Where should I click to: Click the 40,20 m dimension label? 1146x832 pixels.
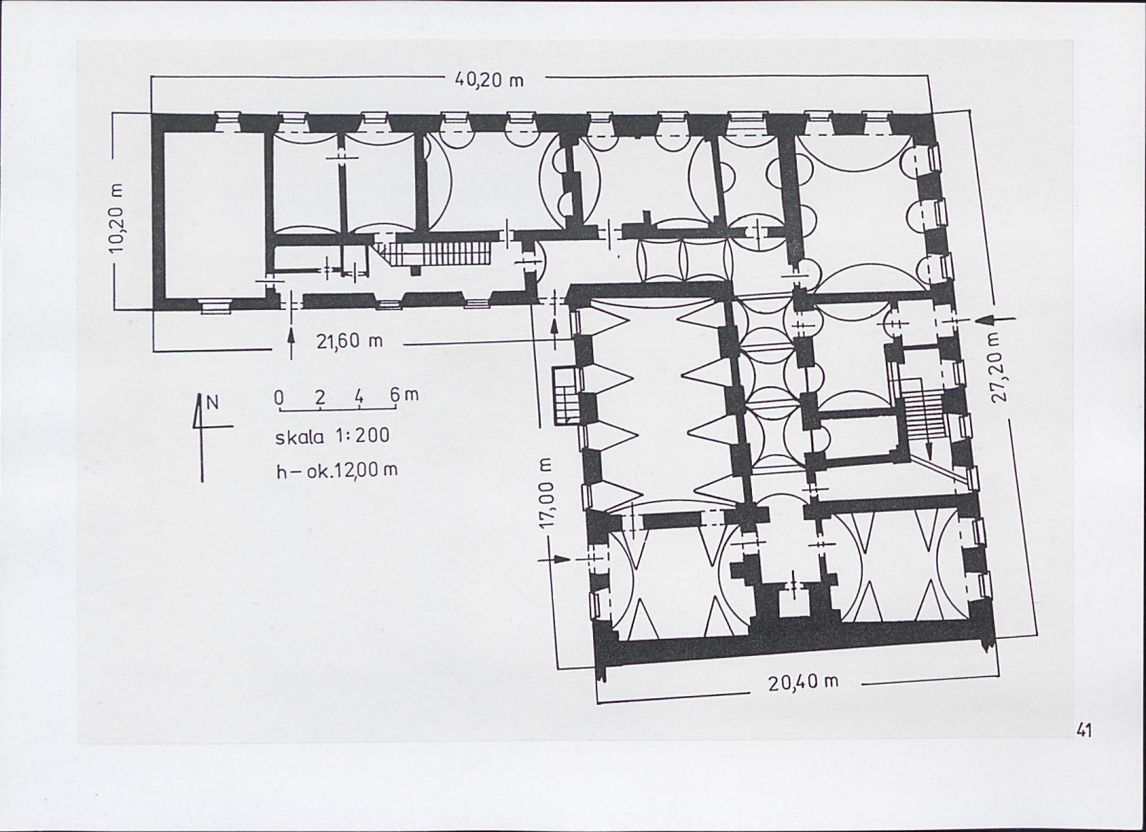pos(489,79)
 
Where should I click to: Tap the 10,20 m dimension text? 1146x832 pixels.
pos(117,219)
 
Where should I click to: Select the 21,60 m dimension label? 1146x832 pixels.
pos(349,340)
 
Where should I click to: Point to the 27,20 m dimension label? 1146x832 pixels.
pos(1000,367)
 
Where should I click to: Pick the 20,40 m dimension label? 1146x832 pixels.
pos(804,682)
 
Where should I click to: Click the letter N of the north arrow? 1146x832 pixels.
pos(212,402)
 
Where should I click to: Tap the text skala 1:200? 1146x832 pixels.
pos(332,436)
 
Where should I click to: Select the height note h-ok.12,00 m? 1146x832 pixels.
pos(336,470)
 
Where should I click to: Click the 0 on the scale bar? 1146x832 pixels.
pos(279,398)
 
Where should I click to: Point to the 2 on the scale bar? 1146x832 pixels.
pos(320,398)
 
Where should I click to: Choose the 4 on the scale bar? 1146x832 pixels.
pos(360,397)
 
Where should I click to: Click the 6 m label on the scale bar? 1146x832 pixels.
pos(405,395)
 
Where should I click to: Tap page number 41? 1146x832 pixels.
pos(1083,730)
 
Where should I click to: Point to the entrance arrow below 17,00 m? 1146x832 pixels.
pos(553,558)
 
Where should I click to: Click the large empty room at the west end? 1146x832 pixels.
pos(212,214)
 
